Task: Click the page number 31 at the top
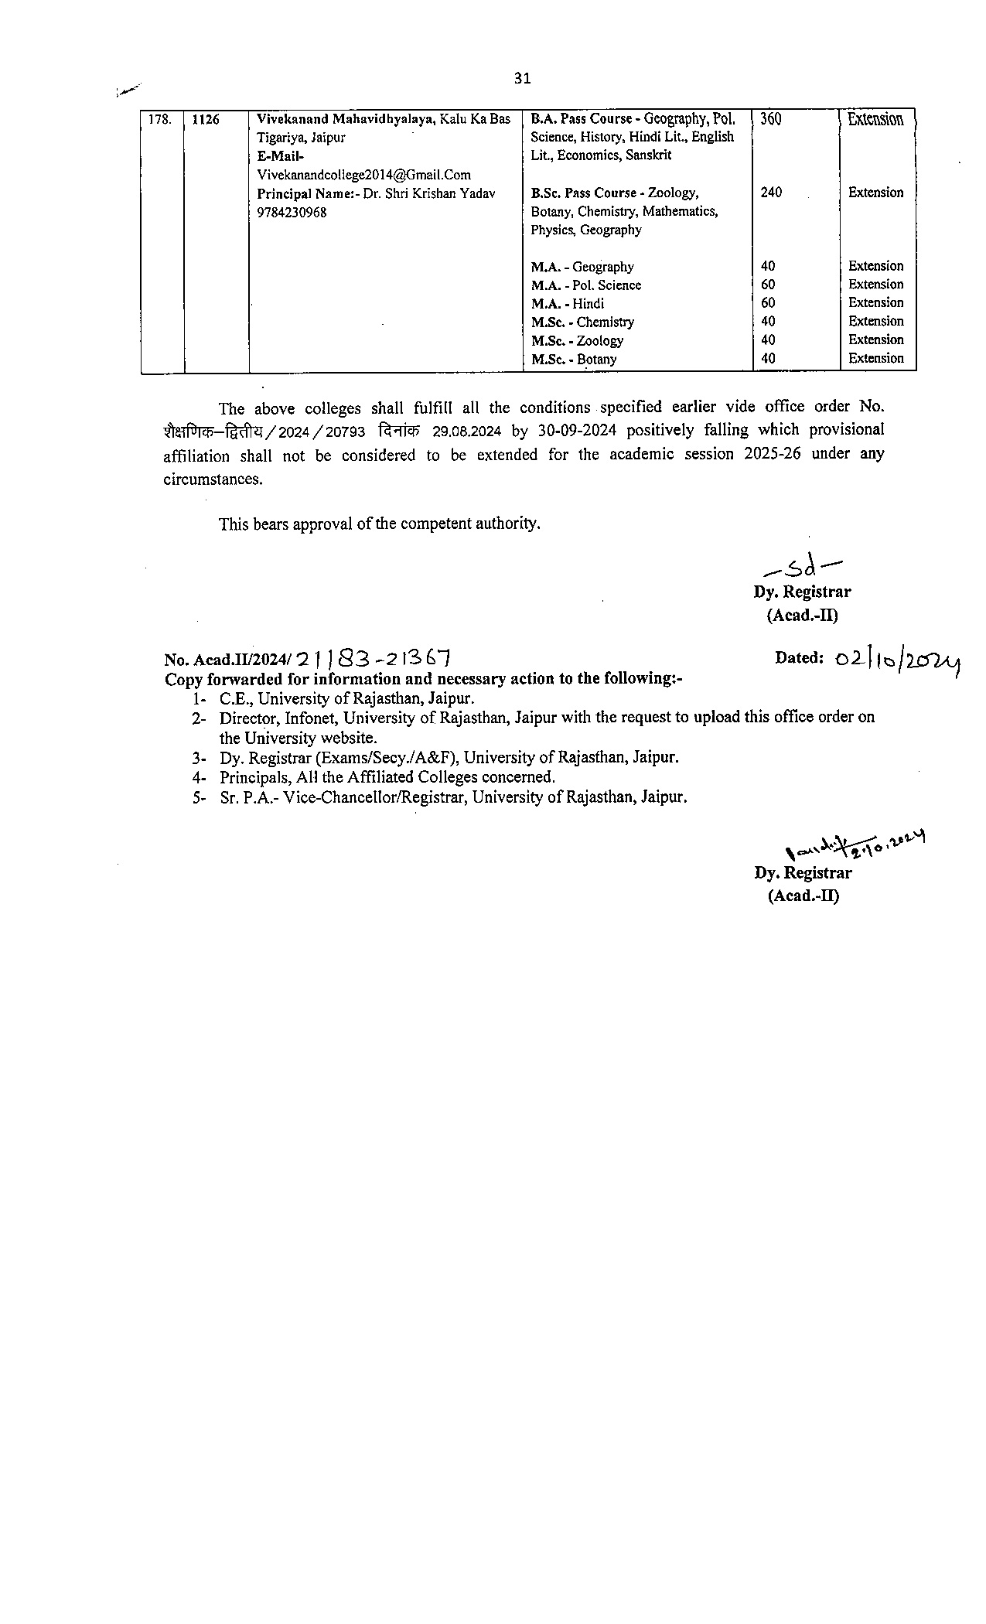click(522, 78)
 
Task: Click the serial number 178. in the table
click(159, 120)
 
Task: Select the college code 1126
click(205, 120)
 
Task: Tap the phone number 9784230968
click(291, 213)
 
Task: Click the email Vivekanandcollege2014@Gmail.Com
click(363, 175)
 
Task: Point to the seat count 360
click(771, 119)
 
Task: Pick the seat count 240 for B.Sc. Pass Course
click(771, 193)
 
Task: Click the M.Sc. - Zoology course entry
click(577, 340)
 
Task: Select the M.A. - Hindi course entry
click(568, 303)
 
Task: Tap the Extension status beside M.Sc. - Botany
click(875, 358)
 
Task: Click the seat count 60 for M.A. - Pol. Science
click(768, 285)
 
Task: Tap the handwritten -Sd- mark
click(802, 569)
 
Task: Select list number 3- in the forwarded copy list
click(200, 758)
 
